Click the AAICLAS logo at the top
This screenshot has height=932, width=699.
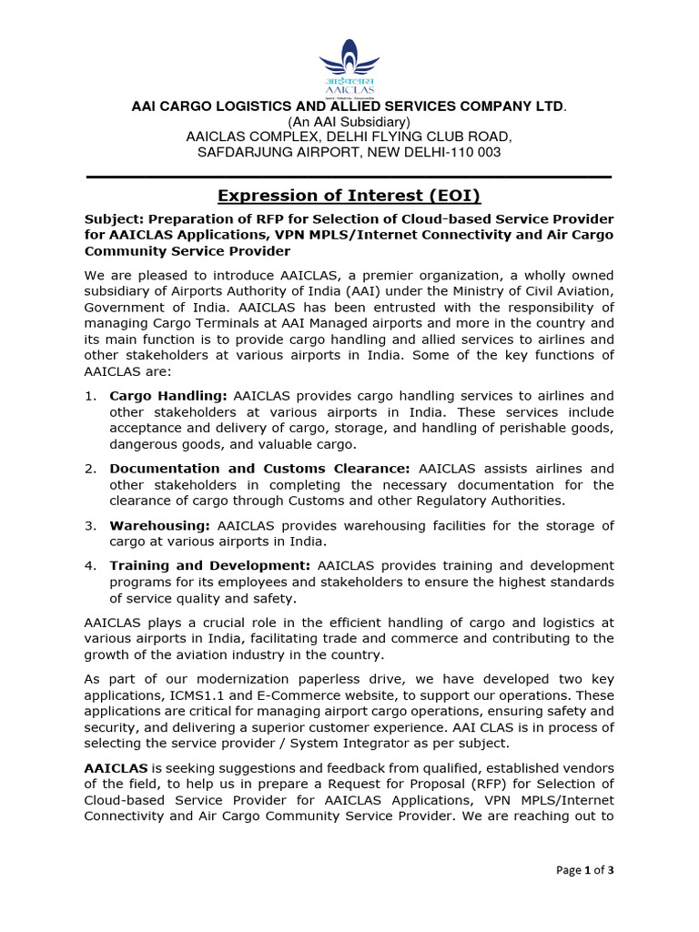point(349,65)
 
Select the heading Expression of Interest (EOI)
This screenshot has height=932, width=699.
point(349,196)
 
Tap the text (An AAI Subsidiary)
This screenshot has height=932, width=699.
point(349,122)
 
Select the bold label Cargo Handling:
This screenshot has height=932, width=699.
point(168,396)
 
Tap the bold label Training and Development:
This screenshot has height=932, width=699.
point(210,566)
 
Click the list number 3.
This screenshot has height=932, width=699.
point(90,526)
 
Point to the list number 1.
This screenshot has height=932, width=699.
point(90,396)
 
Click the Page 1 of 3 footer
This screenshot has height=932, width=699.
point(585,870)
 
